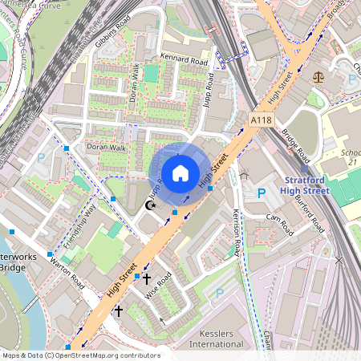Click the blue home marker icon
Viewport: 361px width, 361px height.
pos(180,173)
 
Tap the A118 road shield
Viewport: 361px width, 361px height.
pos(262,120)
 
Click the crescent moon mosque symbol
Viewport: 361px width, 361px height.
pos(148,205)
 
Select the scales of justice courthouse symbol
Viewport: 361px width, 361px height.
pos(321,78)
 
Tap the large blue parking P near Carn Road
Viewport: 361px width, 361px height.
pos(261,194)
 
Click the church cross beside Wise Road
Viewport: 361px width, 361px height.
pos(146,278)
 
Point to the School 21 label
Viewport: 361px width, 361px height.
pos(350,156)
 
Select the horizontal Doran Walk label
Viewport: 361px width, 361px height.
pos(107,148)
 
